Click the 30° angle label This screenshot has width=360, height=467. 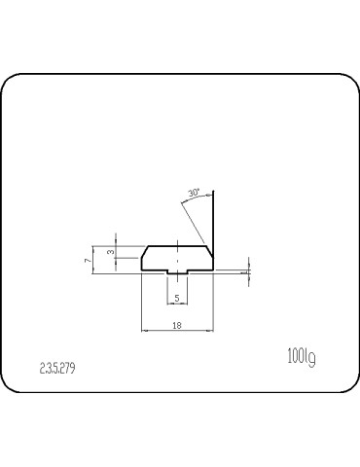(x=194, y=194)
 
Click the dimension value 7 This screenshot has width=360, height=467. (x=88, y=260)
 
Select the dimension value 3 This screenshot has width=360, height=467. (x=110, y=253)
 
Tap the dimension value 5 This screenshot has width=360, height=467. (x=176, y=298)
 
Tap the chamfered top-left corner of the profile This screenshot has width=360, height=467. (x=145, y=250)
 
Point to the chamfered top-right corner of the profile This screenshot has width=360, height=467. (x=209, y=250)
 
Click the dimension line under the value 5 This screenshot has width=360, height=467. (x=176, y=304)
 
